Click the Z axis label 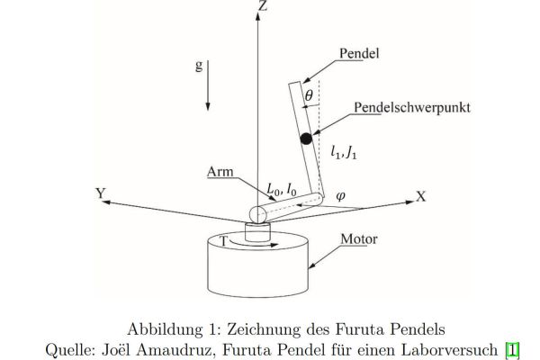pos(263,5)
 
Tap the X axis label pos(421,196)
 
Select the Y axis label pos(101,193)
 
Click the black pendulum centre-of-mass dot pos(306,139)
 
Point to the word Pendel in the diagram pos(359,53)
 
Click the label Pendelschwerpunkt pos(412,107)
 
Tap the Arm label pos(220,172)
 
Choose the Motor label pos(359,238)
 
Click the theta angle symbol pos(309,95)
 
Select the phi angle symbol pos(340,196)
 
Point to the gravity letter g pos(199,65)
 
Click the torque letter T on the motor pos(224,241)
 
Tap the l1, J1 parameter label pos(344,152)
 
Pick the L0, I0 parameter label pos(282,189)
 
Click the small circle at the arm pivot pos(258,215)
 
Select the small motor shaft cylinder pos(257,232)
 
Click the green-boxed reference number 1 pos(512,350)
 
